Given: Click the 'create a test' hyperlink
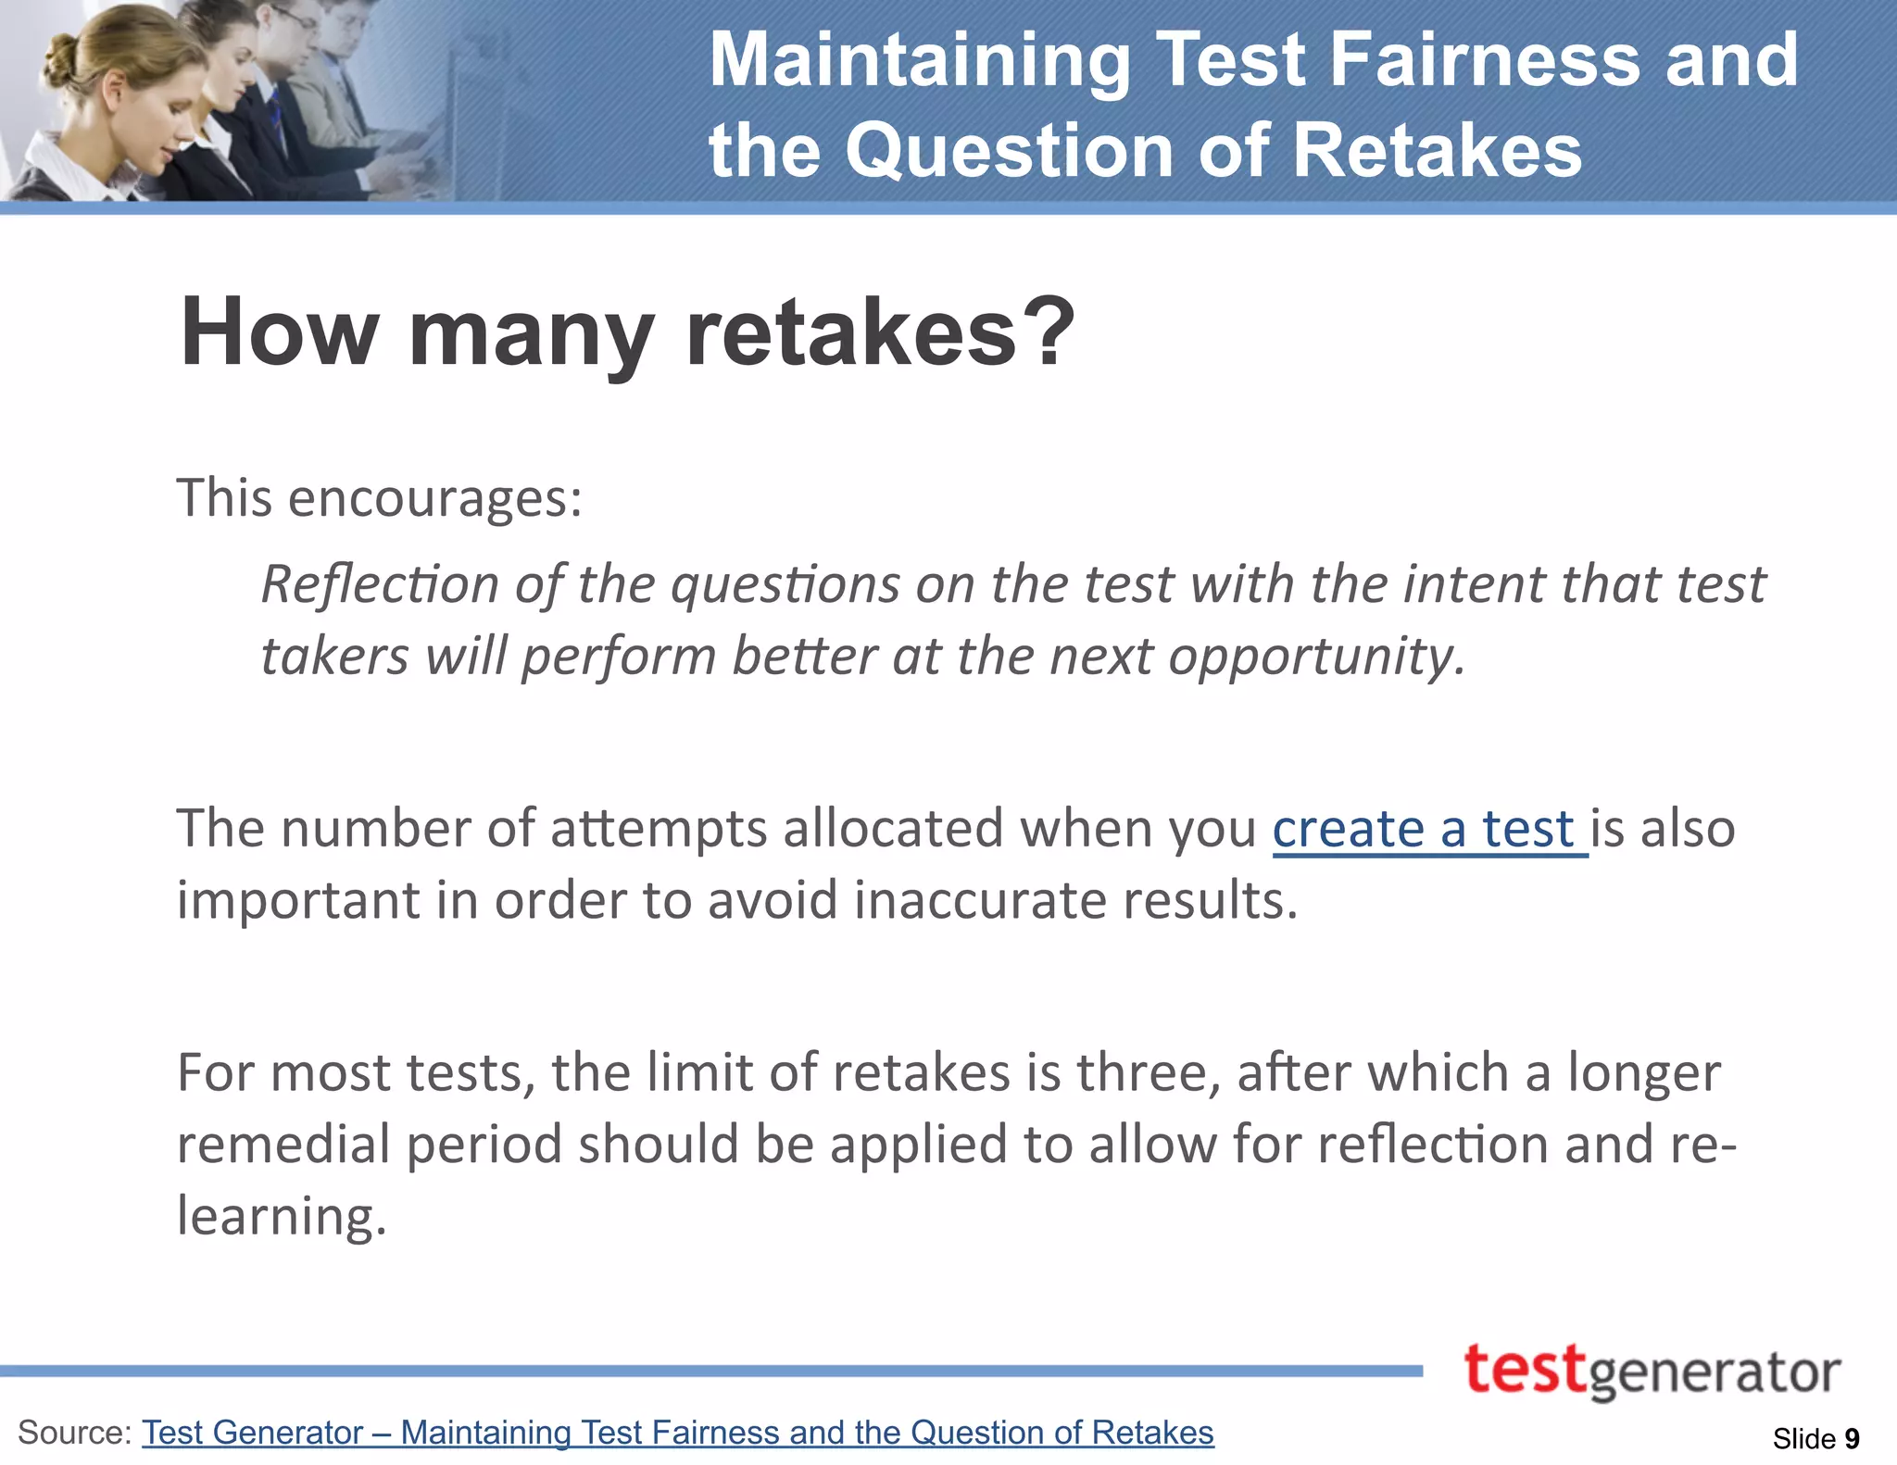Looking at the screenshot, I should tap(1428, 829).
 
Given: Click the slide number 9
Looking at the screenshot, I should tap(1852, 1438).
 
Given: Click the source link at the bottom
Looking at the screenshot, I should tap(677, 1433).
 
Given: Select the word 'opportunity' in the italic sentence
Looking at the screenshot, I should tap(1314, 657).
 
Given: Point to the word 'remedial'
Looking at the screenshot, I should tap(283, 1145).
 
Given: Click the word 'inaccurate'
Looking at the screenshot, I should tap(980, 900).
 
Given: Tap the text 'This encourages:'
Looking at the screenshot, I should tap(380, 498).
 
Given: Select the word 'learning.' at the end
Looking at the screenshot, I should tap(282, 1216).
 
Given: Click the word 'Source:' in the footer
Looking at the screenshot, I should tap(74, 1433).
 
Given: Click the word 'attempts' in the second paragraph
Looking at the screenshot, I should tap(659, 829).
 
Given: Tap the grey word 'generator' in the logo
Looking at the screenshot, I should tap(1715, 1374).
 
